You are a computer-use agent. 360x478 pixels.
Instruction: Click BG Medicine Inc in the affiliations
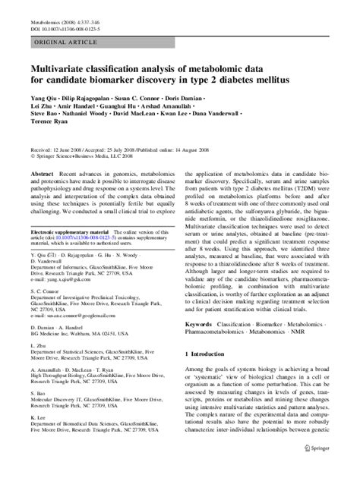point(55,355)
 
